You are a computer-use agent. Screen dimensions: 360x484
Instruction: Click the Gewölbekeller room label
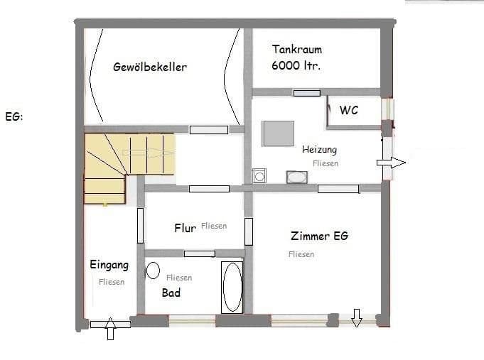pos(150,67)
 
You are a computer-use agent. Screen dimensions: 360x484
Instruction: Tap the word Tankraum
pos(296,50)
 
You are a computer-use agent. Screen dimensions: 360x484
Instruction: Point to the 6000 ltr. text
pos(296,65)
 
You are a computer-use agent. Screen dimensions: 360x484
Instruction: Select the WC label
pos(348,110)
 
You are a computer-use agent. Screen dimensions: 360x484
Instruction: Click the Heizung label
pos(319,150)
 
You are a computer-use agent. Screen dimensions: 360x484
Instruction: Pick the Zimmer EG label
pos(319,236)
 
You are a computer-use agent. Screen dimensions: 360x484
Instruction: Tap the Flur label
pos(185,228)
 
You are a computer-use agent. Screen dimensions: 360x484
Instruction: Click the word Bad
pos(171,293)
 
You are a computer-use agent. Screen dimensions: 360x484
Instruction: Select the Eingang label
pos(109,265)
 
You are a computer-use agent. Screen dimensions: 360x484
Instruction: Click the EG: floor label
pos(14,116)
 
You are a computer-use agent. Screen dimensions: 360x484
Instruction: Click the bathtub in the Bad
pos(232,287)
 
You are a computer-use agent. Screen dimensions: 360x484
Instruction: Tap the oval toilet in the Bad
pos(153,270)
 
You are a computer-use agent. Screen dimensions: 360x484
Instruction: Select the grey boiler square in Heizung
pos(278,133)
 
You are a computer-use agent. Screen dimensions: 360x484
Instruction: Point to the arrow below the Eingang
pos(110,329)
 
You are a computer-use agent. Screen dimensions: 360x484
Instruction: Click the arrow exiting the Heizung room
pos(391,163)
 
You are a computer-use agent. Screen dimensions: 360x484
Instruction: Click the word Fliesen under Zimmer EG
pos(301,254)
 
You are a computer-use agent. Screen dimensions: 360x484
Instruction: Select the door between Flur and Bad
pos(199,253)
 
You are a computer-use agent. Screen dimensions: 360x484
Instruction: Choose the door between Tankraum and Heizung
pos(306,92)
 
